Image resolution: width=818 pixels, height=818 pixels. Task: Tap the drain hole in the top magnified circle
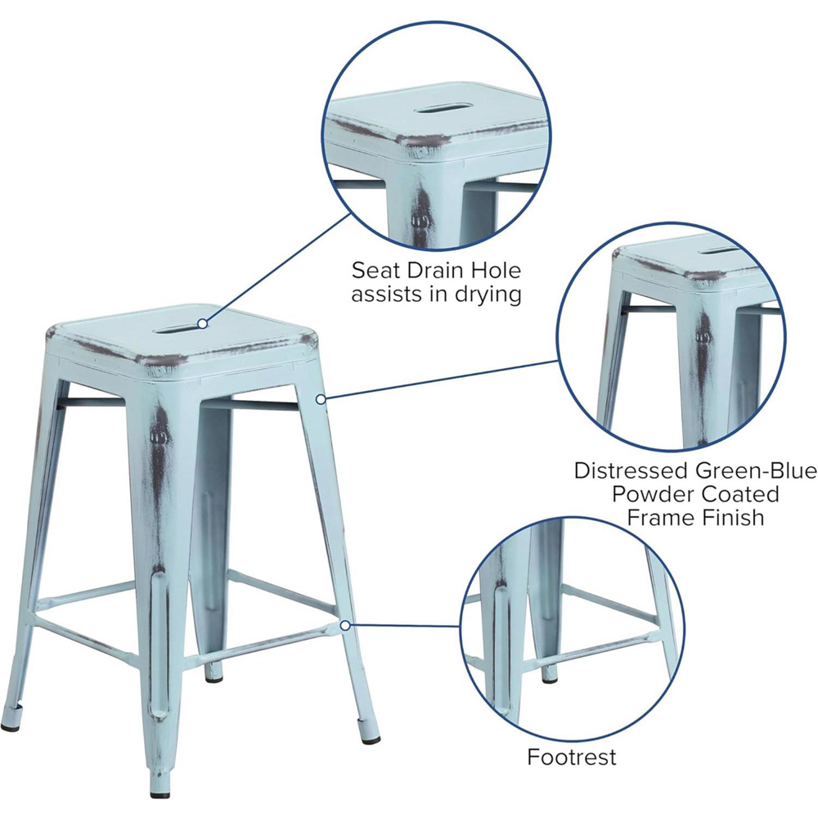coord(439,108)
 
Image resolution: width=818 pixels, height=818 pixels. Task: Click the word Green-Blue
coord(759,471)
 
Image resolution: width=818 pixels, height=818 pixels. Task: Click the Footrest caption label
coord(572,757)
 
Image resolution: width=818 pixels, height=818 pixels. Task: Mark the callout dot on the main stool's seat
coord(201,324)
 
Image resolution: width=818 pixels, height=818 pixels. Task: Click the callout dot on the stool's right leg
coord(322,398)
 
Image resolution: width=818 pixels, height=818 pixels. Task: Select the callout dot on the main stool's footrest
coord(345,625)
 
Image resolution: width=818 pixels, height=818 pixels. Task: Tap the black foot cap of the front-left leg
coord(11,725)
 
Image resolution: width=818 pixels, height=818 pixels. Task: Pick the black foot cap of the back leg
coord(214,676)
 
